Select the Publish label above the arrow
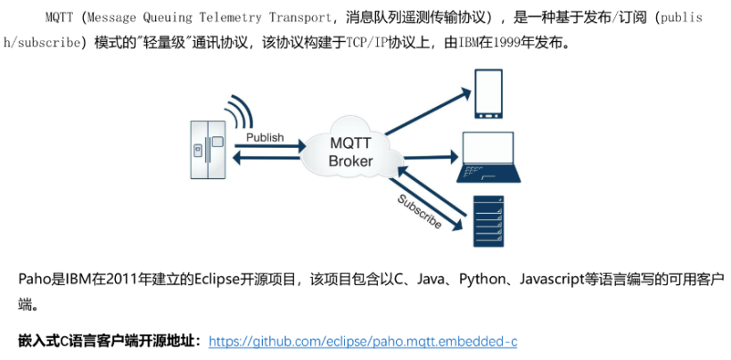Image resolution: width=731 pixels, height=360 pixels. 265,137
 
